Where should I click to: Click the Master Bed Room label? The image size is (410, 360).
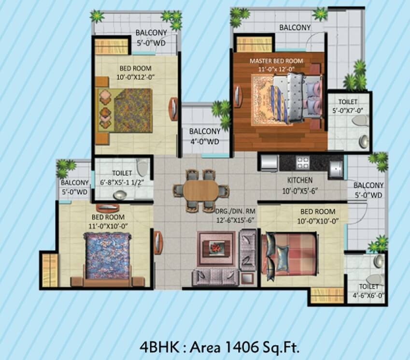pyautogui.click(x=276, y=61)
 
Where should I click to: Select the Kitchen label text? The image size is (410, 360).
pyautogui.click(x=300, y=180)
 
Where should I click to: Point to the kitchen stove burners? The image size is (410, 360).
pyautogui.click(x=303, y=162)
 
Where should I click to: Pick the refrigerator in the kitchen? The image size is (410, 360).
pyautogui.click(x=269, y=163)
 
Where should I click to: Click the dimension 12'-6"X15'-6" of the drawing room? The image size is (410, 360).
pyautogui.click(x=236, y=220)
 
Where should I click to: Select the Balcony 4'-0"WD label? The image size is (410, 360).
pyautogui.click(x=205, y=136)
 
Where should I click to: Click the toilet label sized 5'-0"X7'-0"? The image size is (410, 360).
pyautogui.click(x=348, y=106)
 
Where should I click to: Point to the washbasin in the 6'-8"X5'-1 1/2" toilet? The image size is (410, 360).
pyautogui.click(x=120, y=195)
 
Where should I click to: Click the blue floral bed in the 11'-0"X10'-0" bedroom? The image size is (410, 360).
pyautogui.click(x=108, y=256)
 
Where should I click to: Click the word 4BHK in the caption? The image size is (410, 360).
pyautogui.click(x=159, y=347)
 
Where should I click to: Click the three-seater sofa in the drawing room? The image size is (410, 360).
pyautogui.click(x=215, y=277)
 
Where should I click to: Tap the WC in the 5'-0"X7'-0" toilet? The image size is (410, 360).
pyautogui.click(x=360, y=121)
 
